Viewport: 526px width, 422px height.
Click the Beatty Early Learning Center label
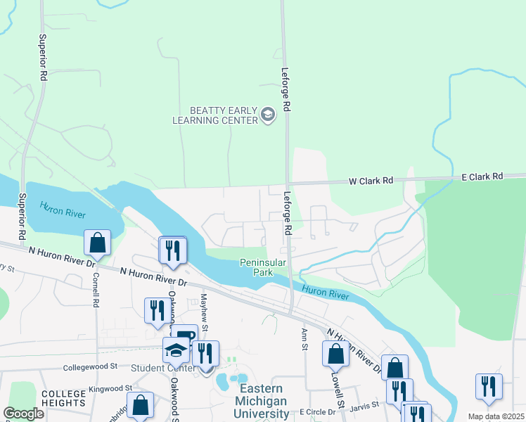214,115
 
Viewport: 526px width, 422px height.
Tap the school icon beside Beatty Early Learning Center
267,115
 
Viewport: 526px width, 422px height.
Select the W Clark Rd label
371,181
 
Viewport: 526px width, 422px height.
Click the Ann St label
304,336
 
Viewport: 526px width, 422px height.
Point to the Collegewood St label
89,367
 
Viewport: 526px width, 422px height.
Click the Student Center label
163,368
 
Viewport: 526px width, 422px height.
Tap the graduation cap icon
177,350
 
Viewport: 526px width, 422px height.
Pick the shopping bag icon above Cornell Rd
97,243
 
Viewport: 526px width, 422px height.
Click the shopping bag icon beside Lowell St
335,353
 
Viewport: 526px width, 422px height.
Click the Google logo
23,414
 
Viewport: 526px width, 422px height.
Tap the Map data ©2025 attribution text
495,416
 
